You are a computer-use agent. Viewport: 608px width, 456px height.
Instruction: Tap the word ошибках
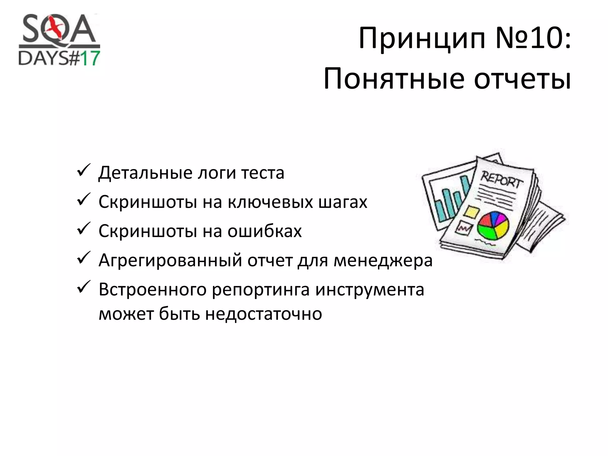click(x=265, y=231)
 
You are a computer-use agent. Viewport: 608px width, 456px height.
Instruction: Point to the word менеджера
click(x=383, y=261)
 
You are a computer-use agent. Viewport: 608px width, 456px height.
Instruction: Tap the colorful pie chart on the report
click(x=493, y=226)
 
